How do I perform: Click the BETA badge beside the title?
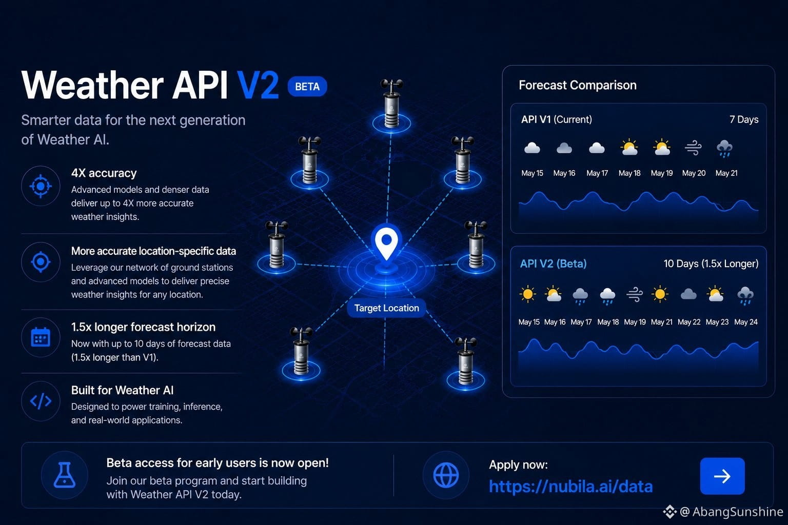point(307,87)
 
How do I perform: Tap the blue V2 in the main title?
point(258,85)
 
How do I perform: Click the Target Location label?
point(386,308)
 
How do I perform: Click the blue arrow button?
point(722,476)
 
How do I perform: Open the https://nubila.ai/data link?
point(570,487)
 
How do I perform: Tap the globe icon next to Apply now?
point(446,475)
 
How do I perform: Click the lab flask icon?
point(64,475)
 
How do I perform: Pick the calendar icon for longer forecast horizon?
point(41,337)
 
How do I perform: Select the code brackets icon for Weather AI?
point(41,401)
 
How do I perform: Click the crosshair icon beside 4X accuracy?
point(41,186)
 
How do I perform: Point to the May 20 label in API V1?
point(694,173)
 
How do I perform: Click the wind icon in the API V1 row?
point(693,148)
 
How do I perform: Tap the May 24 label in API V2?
point(746,322)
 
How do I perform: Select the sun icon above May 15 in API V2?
point(528,294)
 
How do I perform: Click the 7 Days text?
point(744,119)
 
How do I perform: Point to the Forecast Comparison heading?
point(578,85)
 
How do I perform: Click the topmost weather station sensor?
point(391,104)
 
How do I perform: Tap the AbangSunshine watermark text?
point(738,512)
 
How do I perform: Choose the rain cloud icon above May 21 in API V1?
point(725,148)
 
